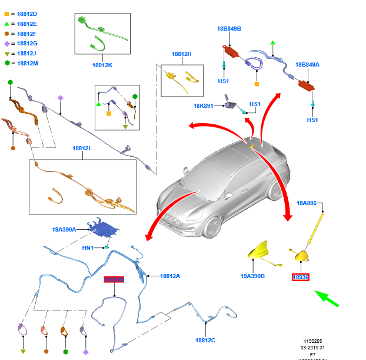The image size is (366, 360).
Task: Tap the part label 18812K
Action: pyautogui.click(x=102, y=65)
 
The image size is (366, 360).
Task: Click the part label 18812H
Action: pyautogui.click(x=182, y=54)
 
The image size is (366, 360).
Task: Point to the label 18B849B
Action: pyautogui.click(x=229, y=28)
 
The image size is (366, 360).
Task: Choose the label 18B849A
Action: pyautogui.click(x=307, y=65)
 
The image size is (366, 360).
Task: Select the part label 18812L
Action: pyautogui.click(x=82, y=148)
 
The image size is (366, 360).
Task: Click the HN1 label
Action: pyautogui.click(x=88, y=248)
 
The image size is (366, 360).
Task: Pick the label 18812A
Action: pyautogui.click(x=170, y=276)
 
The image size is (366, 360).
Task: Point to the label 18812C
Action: pyautogui.click(x=205, y=340)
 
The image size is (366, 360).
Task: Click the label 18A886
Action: pyautogui.click(x=307, y=203)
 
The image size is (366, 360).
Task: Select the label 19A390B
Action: pyautogui.click(x=252, y=276)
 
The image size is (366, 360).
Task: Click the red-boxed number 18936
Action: pyautogui.click(x=301, y=277)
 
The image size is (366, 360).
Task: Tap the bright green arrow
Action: pyautogui.click(x=326, y=298)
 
